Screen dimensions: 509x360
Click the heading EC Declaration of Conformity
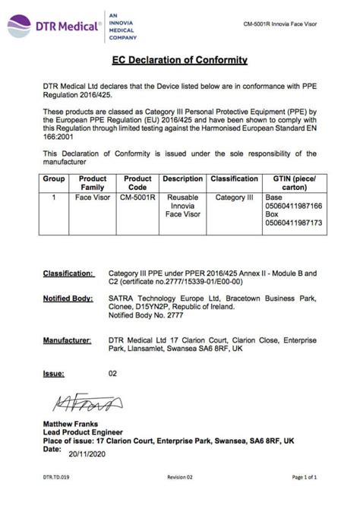click(x=179, y=59)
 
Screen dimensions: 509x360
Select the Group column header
click(x=53, y=179)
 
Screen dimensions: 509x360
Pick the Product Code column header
click(x=137, y=183)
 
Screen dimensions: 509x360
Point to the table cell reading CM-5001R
click(x=137, y=197)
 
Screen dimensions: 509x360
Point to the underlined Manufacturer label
click(x=67, y=343)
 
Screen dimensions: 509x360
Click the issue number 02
click(x=113, y=374)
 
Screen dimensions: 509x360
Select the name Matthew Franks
click(x=72, y=423)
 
